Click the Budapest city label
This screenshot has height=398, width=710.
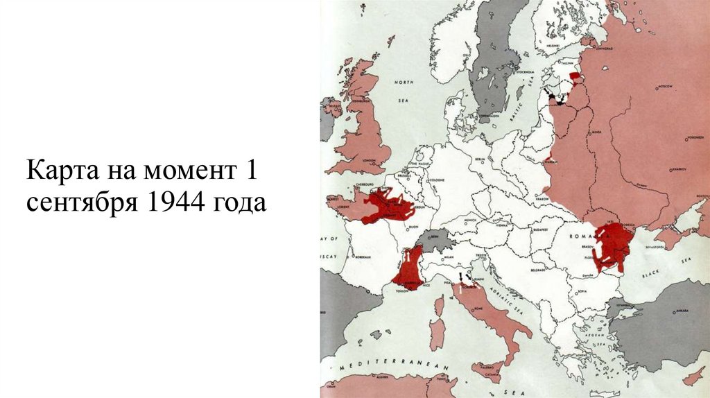540,228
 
